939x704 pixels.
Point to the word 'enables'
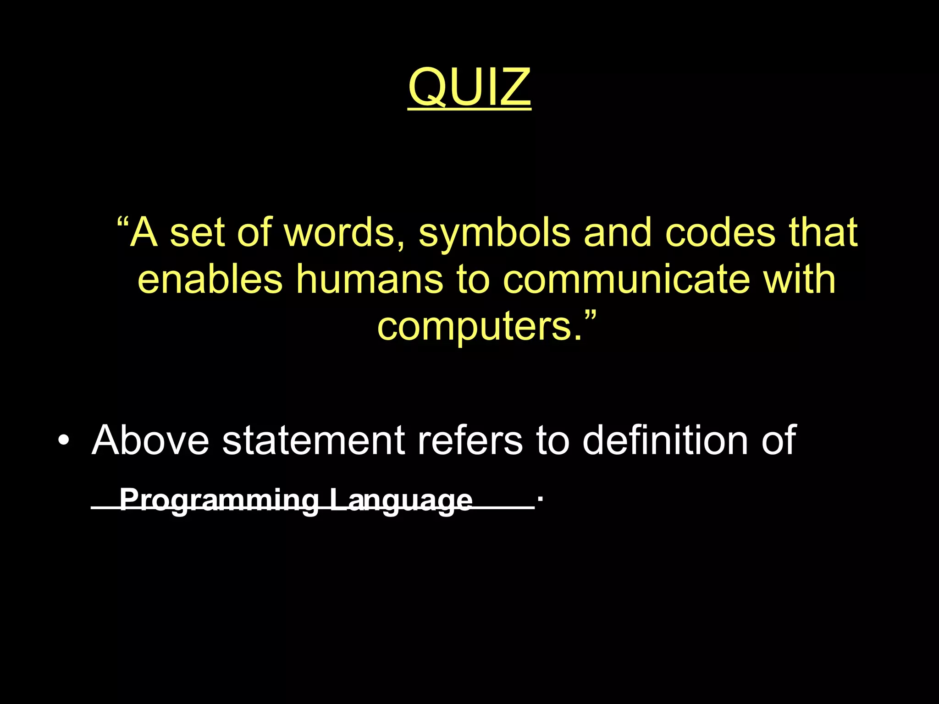[210, 280]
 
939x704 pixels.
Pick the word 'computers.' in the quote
[480, 326]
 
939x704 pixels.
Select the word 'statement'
[314, 441]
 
